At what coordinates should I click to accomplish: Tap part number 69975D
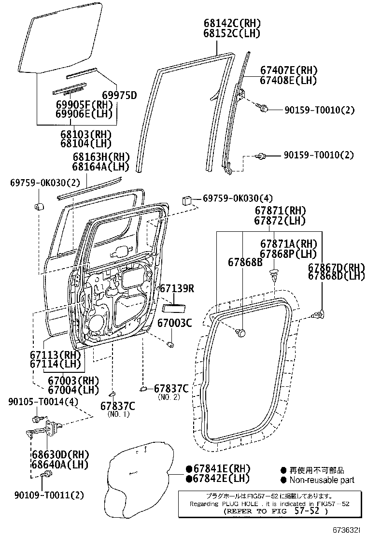point(119,95)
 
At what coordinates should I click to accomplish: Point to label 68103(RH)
point(86,134)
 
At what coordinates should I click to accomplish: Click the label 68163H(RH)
point(95,156)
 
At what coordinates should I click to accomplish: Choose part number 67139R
point(177,289)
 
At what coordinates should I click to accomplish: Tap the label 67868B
point(245,262)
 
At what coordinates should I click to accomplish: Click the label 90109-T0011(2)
point(49,495)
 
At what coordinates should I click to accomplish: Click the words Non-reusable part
point(322,480)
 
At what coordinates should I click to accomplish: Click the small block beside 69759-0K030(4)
point(188,200)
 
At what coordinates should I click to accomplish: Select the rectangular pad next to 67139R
point(173,307)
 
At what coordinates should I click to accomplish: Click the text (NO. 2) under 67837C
point(169,397)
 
